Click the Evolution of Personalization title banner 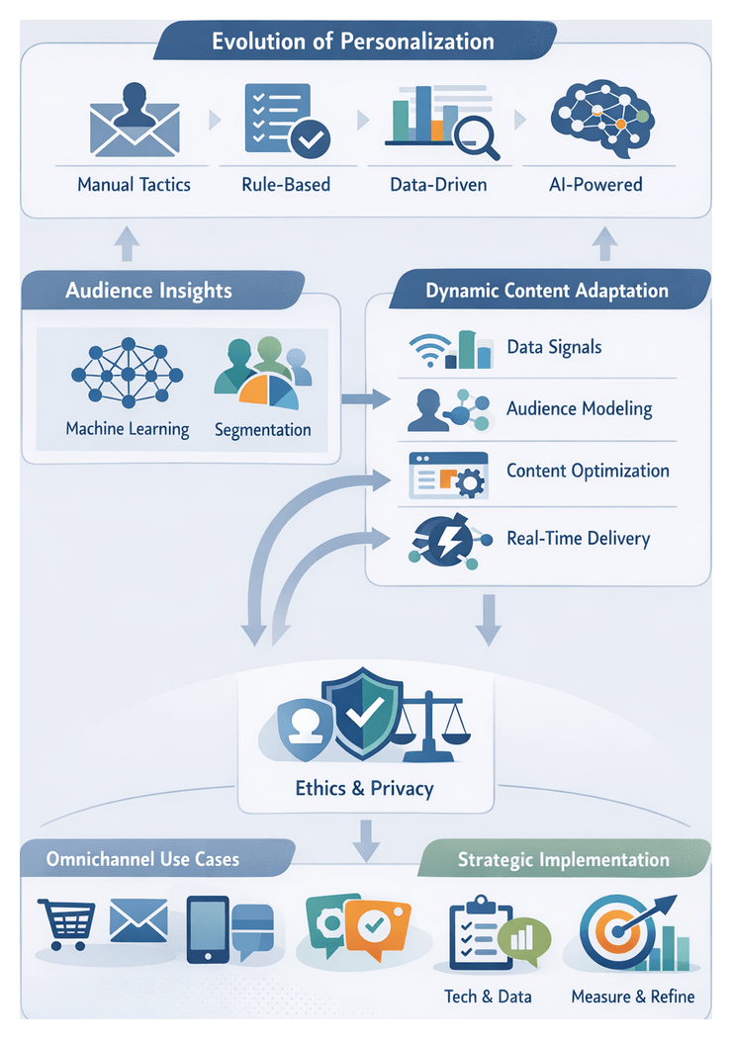point(353,43)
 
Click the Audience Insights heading point(148,291)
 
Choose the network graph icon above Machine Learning point(127,377)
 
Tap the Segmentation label point(262,430)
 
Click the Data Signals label point(554,347)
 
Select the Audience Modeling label point(579,408)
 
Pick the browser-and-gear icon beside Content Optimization point(447,475)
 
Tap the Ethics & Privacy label point(365,789)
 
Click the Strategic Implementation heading point(563,860)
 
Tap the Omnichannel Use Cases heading point(142,859)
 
